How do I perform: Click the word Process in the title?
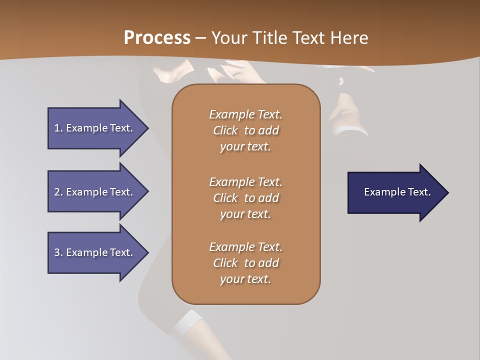pos(157,38)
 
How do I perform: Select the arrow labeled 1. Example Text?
pos(95,128)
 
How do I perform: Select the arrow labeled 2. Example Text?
pos(95,192)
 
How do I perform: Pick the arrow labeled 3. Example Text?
pos(95,252)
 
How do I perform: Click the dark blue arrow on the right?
pos(395,192)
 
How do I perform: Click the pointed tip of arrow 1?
pos(147,128)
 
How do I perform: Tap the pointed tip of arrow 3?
pos(147,252)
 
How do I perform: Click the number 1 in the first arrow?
pos(57,128)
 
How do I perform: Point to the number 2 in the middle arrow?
pos(57,192)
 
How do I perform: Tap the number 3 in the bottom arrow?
pos(57,252)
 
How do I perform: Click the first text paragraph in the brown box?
pos(245,130)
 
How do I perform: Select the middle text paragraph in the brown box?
pos(245,198)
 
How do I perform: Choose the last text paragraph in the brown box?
pos(245,263)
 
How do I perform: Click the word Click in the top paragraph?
pos(225,130)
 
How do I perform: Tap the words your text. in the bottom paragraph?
pos(245,279)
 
